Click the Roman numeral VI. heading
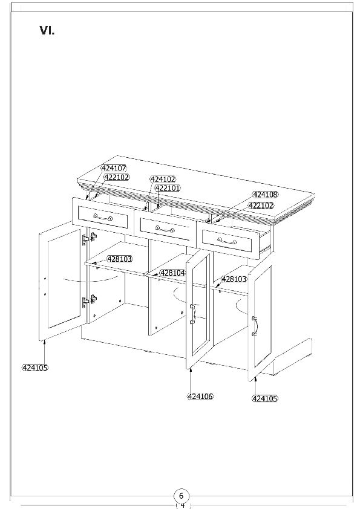tap(47, 30)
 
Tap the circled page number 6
tap(182, 496)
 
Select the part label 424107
tap(114, 168)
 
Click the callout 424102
tap(163, 179)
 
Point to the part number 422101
tap(168, 188)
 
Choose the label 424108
tap(266, 195)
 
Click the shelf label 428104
tap(173, 273)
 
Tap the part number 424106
tap(200, 397)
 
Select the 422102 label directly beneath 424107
tap(116, 177)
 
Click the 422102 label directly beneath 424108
tap(261, 206)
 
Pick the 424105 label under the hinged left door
tap(34, 368)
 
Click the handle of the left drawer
tap(103, 217)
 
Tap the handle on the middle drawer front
tap(165, 229)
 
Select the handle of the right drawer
tap(227, 241)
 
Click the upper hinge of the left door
tap(90, 238)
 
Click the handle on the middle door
tap(192, 314)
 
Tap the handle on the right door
tap(255, 326)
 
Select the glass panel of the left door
tap(64, 279)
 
